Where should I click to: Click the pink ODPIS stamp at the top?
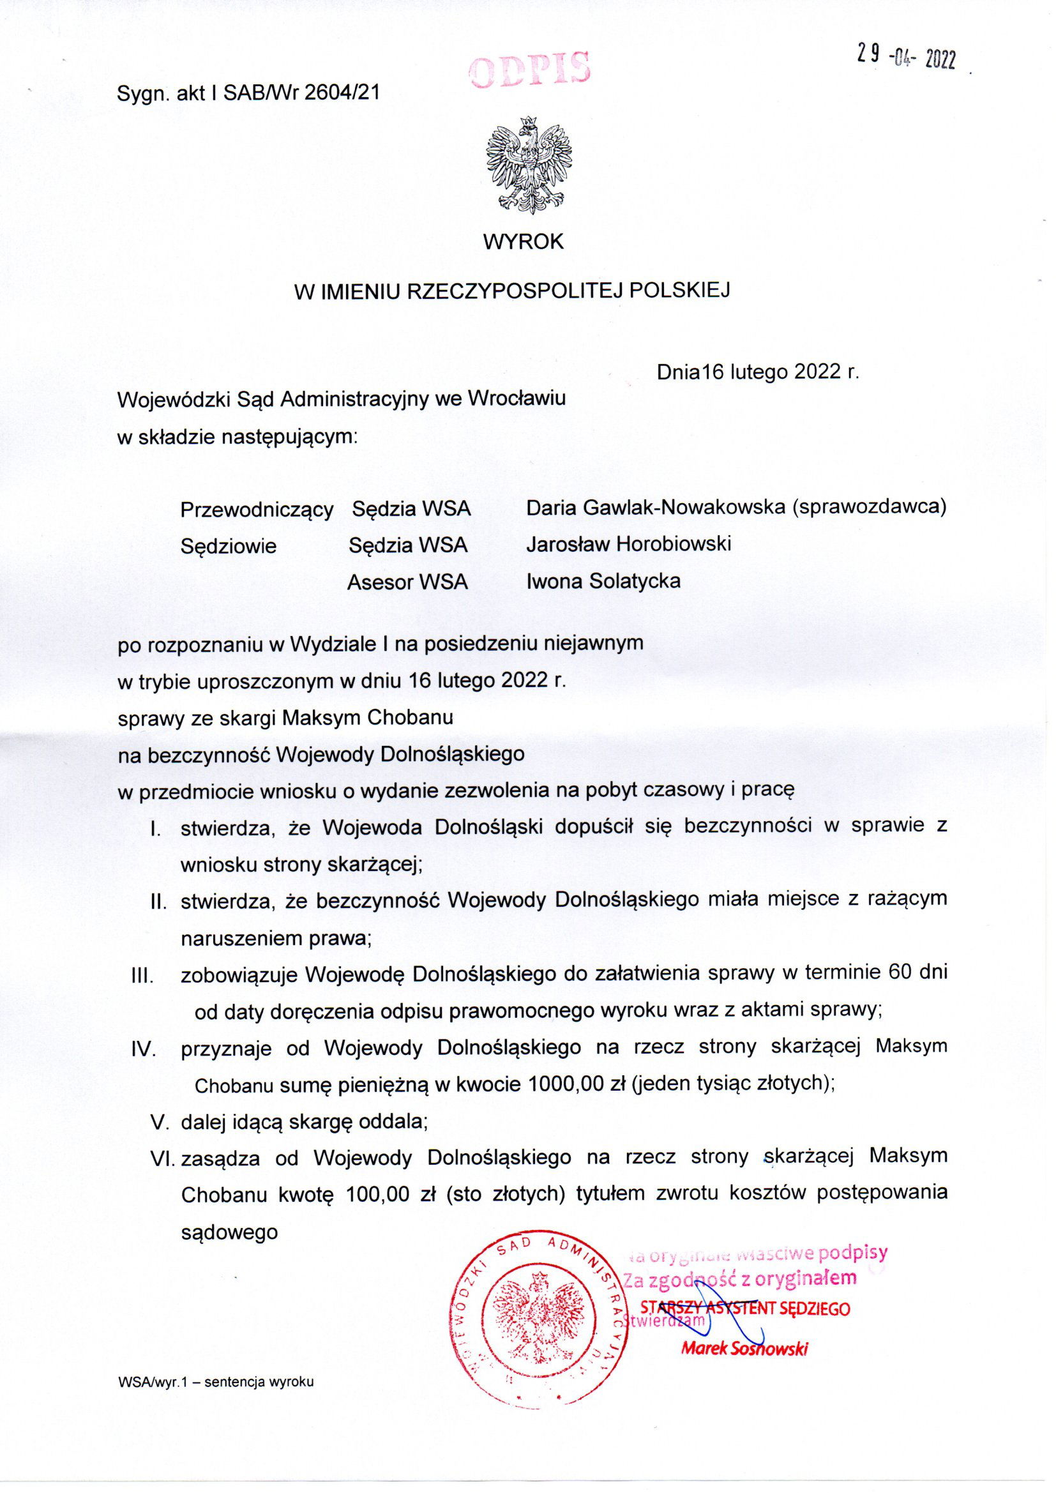[531, 70]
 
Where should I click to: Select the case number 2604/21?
[342, 94]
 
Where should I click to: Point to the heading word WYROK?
[524, 242]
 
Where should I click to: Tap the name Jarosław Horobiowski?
[629, 543]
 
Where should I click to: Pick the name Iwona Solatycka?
[603, 580]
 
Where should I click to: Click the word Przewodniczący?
[257, 509]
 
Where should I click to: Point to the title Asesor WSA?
[408, 582]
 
